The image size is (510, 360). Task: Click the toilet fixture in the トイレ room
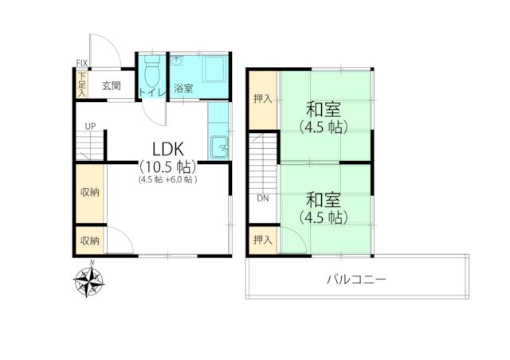tap(152, 71)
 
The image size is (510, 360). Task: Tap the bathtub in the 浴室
tap(214, 68)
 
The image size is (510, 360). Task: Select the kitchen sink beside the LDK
tap(219, 147)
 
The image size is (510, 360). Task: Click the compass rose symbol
tap(88, 280)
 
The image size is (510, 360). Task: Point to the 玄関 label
tap(112, 86)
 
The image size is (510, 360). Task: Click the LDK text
tap(168, 150)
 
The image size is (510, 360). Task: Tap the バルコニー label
tap(357, 280)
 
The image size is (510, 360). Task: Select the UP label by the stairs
tap(90, 126)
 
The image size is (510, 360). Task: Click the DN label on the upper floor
tap(263, 198)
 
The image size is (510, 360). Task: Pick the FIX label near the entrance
tap(82, 63)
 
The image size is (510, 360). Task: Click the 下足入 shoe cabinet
tap(81, 84)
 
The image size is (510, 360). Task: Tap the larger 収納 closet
tap(90, 194)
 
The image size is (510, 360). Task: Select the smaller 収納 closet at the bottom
tap(90, 241)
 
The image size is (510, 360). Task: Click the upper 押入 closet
tap(263, 100)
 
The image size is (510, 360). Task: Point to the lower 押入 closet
tap(263, 240)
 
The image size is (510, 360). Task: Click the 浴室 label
tap(183, 88)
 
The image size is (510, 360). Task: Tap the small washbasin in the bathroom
tap(177, 61)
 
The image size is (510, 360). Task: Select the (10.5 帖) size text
tap(168, 167)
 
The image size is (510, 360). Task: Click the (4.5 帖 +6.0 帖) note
tap(168, 179)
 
